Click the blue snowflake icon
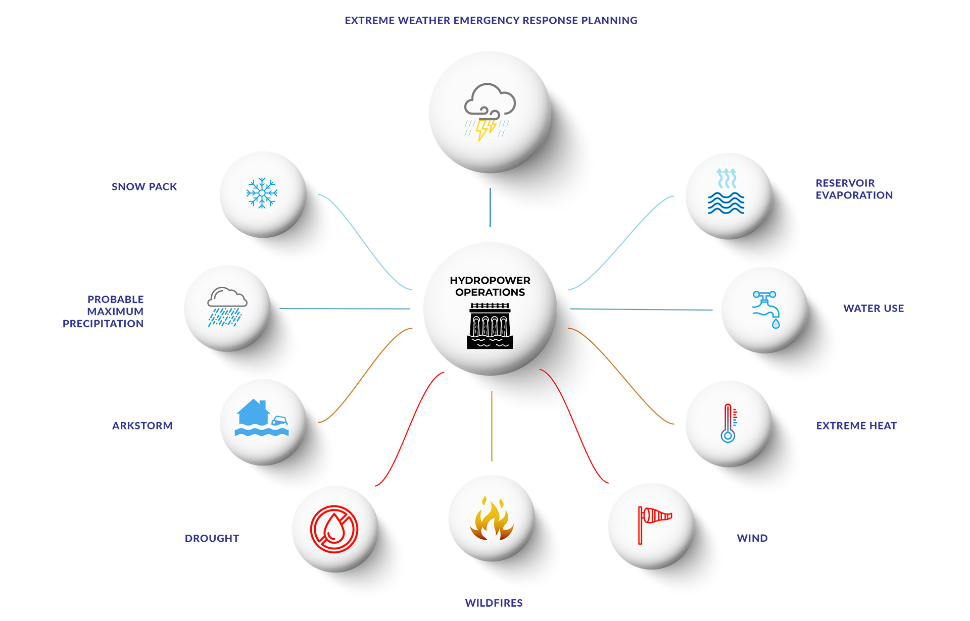pos(262,192)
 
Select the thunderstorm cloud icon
pos(490,112)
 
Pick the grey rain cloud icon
pos(227,306)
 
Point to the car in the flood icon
pos(280,420)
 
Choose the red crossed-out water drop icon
pos(334,529)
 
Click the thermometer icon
pos(728,423)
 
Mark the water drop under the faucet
pos(775,323)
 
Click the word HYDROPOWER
pos(490,280)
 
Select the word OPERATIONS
pos(490,292)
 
